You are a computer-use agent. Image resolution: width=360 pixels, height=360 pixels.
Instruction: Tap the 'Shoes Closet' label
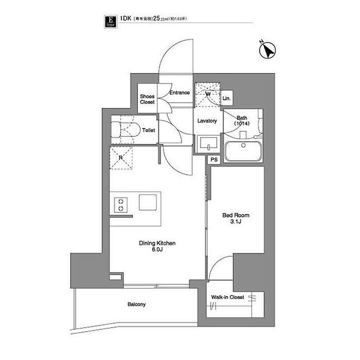point(148,99)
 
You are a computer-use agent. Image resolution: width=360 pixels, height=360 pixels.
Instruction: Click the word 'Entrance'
point(179,93)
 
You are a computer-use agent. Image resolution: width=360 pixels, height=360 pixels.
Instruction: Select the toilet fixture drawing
point(125,130)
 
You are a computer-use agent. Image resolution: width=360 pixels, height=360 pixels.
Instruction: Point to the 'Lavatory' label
point(208,121)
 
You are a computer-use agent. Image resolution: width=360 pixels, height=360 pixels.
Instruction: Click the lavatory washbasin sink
point(208,142)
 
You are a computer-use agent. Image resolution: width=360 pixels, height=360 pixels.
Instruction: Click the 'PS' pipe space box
point(214,160)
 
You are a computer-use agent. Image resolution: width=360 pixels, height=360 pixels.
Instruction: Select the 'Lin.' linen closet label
point(227,98)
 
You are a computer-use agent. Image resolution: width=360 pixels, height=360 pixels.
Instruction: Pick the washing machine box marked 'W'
point(208,95)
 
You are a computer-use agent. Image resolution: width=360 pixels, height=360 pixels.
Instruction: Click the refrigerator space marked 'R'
point(121,158)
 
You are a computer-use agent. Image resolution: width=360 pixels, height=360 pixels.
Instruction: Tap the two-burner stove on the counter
point(121,204)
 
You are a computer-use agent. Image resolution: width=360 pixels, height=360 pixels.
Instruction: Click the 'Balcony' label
point(137,304)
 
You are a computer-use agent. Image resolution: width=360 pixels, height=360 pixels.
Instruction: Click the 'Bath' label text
point(241,118)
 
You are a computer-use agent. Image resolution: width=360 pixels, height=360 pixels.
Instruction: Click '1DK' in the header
point(124,19)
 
